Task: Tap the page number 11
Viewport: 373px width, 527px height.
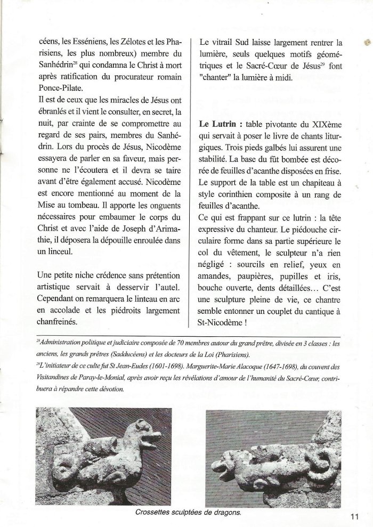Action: pos(356,515)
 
